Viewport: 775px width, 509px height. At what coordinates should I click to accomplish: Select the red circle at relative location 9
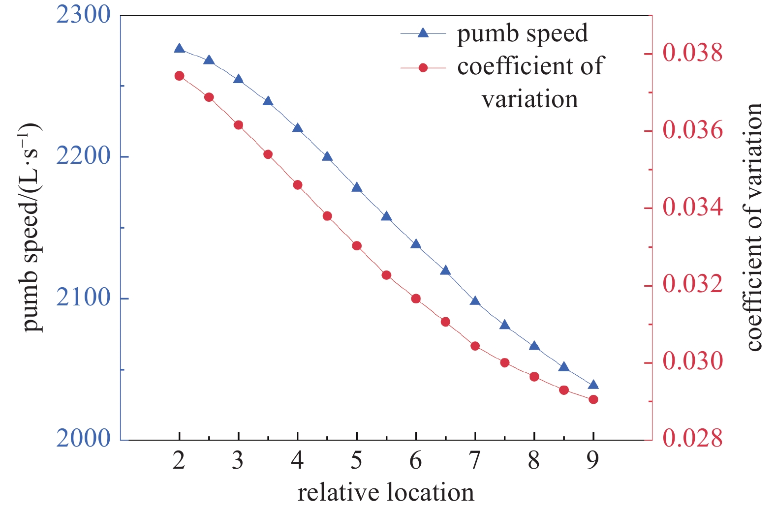[593, 399]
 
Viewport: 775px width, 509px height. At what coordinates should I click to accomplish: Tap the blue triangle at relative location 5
[357, 187]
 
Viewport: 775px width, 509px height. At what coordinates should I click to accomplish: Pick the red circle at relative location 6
[416, 299]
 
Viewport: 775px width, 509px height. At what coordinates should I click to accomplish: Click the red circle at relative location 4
[298, 185]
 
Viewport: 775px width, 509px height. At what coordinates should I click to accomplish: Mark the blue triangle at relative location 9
[593, 385]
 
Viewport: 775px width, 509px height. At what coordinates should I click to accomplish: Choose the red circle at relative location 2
[179, 76]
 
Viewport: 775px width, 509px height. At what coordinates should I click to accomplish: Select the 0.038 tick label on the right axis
[693, 53]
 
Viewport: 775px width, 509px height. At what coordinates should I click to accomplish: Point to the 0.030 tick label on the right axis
[693, 362]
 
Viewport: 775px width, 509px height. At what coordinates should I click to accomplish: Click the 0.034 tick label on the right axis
[693, 208]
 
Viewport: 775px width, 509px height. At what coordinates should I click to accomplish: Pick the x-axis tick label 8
[534, 461]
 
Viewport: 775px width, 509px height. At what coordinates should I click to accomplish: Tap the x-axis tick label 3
[238, 461]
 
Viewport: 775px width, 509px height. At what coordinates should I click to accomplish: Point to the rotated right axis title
[754, 227]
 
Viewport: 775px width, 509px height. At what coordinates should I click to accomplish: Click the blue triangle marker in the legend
[423, 33]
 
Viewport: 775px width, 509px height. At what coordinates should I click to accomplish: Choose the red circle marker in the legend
[423, 67]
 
